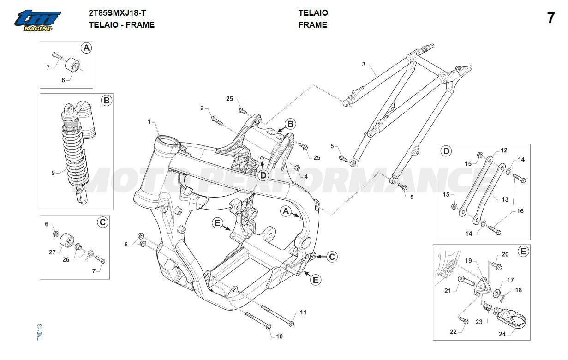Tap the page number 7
550,18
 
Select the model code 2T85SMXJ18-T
117,13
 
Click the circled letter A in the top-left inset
86,48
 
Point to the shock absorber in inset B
75,148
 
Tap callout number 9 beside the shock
53,173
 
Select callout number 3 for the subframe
363,64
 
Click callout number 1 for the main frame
149,121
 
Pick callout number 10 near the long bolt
279,336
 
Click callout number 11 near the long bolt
303,312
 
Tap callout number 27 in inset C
52,252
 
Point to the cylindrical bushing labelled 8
72,64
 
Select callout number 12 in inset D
504,150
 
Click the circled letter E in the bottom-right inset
522,252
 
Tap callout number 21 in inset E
447,290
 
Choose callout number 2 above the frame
202,108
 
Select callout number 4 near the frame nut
305,176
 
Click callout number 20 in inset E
505,254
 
